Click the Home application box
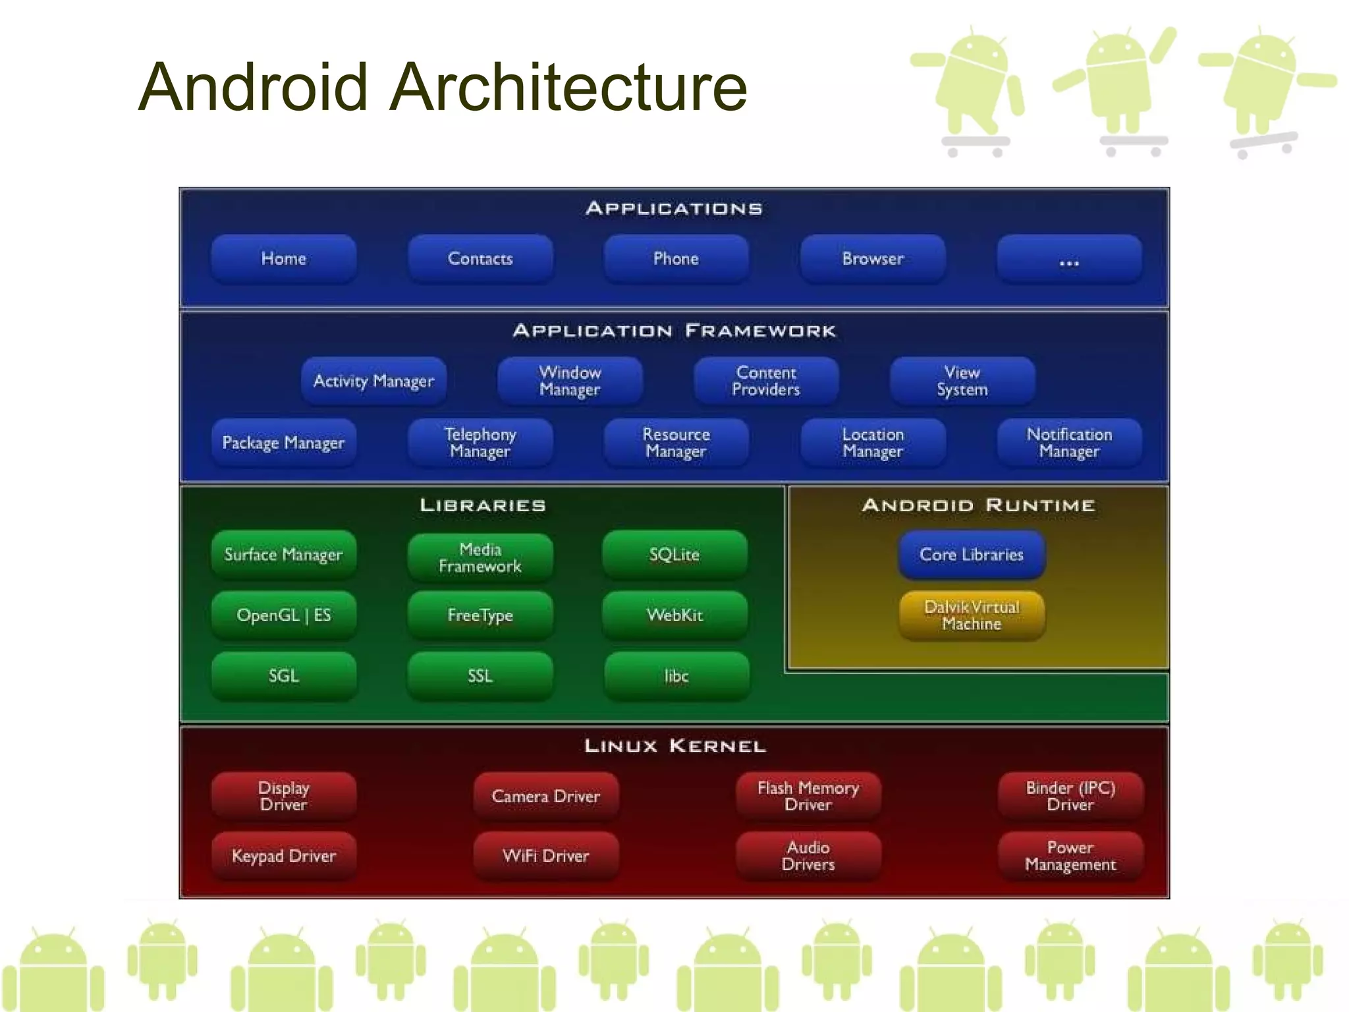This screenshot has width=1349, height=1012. click(283, 259)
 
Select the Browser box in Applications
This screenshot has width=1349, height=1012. click(873, 259)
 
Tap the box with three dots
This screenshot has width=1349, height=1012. click(1069, 259)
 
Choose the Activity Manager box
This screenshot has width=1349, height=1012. click(373, 381)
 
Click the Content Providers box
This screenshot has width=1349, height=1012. click(766, 381)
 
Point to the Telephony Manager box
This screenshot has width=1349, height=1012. click(480, 443)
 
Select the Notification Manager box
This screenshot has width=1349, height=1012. click(1069, 443)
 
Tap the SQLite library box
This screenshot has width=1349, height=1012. click(674, 555)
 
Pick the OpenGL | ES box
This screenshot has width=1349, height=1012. click(283, 615)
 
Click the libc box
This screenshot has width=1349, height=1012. click(676, 676)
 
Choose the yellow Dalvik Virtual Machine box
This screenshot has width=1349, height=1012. click(972, 615)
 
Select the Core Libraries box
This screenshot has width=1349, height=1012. click(972, 555)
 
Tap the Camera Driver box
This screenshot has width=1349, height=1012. click(546, 796)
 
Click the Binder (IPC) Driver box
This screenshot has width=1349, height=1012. click(1070, 796)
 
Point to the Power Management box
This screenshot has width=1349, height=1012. click(1070, 856)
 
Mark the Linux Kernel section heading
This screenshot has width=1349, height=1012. click(674, 746)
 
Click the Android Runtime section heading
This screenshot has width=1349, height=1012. click(978, 505)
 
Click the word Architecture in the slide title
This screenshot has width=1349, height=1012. click(568, 87)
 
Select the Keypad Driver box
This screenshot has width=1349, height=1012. click(283, 856)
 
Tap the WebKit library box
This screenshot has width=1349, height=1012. click(674, 615)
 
